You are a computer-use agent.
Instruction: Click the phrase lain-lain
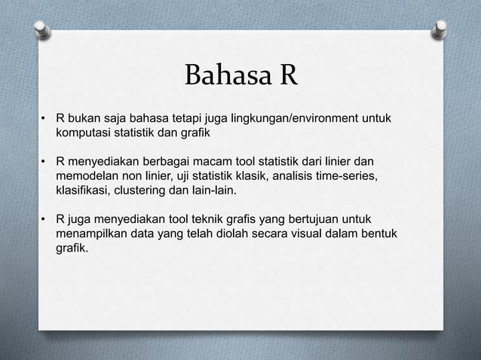(x=217, y=191)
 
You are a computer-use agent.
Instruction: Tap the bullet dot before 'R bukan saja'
(x=44, y=121)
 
